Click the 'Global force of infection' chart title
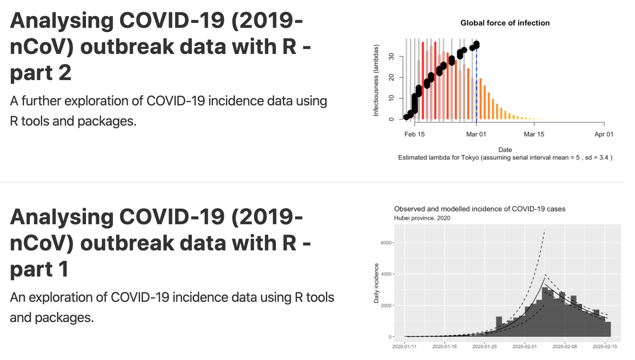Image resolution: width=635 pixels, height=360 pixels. [505, 23]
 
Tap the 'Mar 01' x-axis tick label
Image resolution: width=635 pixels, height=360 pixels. [476, 134]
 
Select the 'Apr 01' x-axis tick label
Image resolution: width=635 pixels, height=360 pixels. [604, 134]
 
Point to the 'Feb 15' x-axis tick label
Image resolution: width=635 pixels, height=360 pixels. [414, 134]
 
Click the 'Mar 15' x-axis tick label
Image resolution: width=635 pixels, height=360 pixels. [534, 134]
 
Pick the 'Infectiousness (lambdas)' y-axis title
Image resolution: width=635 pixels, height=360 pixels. [376, 80]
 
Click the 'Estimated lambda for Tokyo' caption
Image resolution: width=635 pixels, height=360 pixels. [505, 158]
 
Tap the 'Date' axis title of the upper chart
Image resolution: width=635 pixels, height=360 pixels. [505, 150]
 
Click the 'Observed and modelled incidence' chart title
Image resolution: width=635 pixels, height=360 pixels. [479, 209]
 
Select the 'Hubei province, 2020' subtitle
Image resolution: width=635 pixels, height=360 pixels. [422, 218]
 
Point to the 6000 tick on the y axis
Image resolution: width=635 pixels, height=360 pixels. [386, 243]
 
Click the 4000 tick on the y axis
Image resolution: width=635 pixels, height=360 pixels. [386, 274]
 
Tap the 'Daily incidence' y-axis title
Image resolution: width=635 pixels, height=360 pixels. [376, 283]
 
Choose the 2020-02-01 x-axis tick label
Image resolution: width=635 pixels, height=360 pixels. [525, 347]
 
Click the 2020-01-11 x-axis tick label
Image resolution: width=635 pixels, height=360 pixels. [404, 347]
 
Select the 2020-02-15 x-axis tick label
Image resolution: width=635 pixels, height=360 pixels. [605, 347]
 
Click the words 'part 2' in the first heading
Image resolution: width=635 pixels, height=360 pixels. [40, 73]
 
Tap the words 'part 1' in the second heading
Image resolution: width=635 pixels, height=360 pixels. [39, 269]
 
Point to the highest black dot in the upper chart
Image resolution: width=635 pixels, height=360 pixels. [476, 44]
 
